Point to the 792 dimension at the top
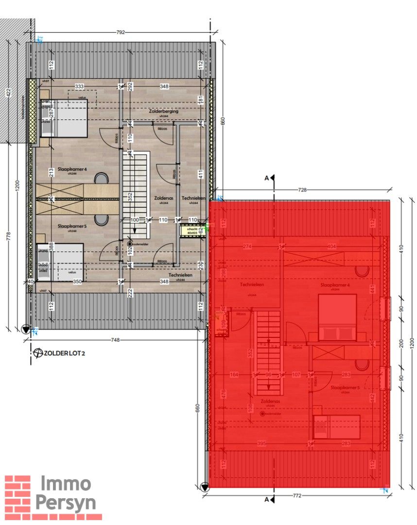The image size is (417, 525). [x=121, y=33]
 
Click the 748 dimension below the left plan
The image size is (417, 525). [x=116, y=340]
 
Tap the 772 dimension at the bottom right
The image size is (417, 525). [x=297, y=496]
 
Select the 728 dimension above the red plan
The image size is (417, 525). [x=302, y=190]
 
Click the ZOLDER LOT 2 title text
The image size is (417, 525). [x=64, y=353]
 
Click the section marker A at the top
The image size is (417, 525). [x=267, y=178]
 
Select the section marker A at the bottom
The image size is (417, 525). [x=266, y=499]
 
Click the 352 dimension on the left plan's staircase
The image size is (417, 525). [x=129, y=197]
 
